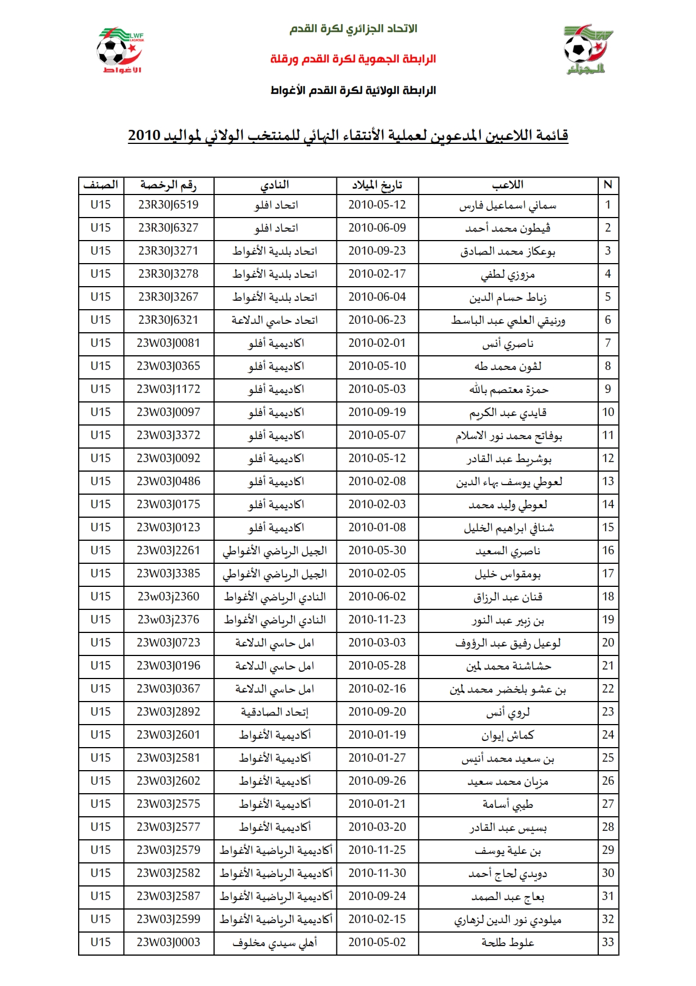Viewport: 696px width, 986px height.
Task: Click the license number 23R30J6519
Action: [169, 205]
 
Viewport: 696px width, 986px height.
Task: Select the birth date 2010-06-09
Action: [377, 228]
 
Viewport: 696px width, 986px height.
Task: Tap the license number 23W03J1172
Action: [169, 390]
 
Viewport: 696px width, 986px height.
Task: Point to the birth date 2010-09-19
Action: [377, 413]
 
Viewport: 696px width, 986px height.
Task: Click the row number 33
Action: [608, 943]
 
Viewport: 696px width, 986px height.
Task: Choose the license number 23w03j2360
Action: [169, 597]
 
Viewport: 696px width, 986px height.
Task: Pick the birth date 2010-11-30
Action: [377, 874]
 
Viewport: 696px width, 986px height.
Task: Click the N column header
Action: [608, 185]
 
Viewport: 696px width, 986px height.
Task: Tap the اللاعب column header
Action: [508, 185]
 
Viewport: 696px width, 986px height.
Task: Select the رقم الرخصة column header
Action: [169, 185]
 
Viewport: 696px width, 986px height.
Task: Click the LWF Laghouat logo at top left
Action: [120, 51]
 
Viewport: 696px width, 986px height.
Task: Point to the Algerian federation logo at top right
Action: [586, 49]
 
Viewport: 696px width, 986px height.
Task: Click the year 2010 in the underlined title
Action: [144, 136]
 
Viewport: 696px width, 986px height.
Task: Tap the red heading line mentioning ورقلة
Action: [353, 59]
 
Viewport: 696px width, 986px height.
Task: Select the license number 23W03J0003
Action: [169, 943]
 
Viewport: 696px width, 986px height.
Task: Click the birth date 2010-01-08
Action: [377, 528]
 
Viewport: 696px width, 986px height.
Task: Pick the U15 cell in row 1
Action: [101, 205]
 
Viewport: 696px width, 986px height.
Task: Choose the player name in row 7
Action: [508, 343]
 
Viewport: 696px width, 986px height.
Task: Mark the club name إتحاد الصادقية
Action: [275, 712]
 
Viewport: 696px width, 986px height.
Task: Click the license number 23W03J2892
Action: [169, 712]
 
